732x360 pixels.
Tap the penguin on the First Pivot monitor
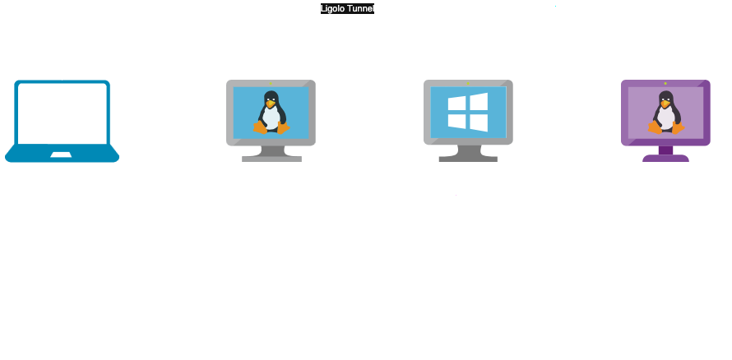pos(271,112)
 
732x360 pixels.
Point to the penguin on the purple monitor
pos(665,112)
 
